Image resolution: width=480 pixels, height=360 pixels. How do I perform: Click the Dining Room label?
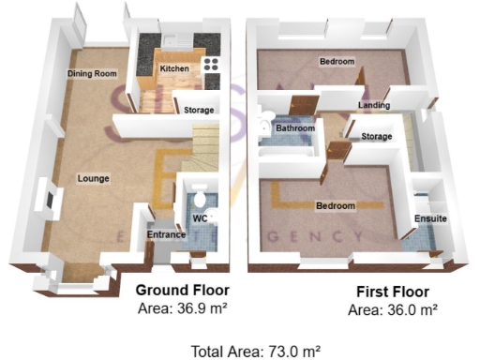91,74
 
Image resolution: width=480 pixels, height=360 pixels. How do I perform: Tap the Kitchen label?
174,69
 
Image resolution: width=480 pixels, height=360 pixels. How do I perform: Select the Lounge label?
94,178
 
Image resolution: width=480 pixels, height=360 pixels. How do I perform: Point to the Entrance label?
164,236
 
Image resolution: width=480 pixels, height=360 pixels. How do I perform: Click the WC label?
200,218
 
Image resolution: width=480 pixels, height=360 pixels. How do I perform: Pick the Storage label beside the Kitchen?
198,110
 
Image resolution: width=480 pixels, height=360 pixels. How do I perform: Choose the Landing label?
374,106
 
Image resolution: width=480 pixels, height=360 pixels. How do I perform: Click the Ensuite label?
430,219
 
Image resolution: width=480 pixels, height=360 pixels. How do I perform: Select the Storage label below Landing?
377,137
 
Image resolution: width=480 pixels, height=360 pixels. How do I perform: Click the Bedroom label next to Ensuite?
335,205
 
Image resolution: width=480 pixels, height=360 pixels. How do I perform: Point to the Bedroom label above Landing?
337,62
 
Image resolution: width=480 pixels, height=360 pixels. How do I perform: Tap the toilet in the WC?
198,200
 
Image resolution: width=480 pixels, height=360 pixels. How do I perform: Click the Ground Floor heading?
183,290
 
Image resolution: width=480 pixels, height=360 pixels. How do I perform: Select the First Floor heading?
393,292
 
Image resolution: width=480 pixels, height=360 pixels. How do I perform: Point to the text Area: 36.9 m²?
183,307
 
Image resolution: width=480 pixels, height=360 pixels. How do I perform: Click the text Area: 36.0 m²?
393,308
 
